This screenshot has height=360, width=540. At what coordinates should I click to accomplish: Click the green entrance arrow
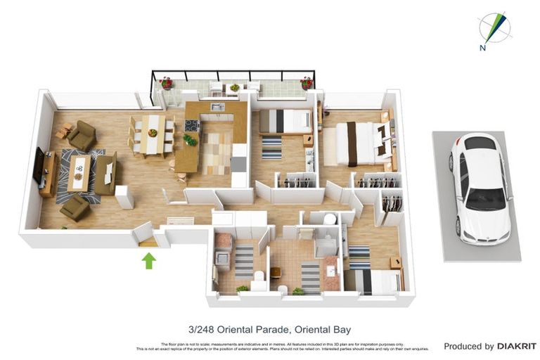149,261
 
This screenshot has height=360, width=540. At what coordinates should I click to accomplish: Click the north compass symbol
493,29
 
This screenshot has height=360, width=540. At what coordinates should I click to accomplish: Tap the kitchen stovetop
192,126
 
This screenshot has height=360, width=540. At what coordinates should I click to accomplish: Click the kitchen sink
218,108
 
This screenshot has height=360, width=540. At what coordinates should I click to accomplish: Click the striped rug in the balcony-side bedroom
271,148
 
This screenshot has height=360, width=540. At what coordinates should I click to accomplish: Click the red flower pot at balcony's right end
306,83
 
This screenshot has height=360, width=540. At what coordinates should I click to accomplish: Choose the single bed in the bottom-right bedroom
377,281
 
